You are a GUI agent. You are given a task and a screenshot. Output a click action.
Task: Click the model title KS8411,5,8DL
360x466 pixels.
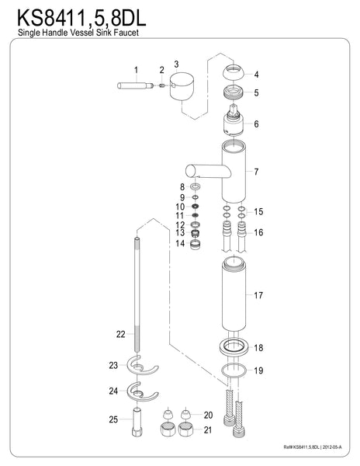point(81,19)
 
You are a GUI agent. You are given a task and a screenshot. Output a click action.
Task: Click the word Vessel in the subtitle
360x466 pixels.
point(80,33)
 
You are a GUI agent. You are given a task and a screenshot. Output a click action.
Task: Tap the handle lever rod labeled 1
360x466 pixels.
point(135,85)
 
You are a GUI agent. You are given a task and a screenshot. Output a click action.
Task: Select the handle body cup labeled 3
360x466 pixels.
point(182,86)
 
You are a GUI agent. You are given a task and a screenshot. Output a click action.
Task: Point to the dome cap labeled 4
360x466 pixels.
point(234,72)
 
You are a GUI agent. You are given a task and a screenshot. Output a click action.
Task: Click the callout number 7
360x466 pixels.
point(256,172)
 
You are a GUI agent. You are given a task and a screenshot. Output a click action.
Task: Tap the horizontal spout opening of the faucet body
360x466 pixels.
point(190,171)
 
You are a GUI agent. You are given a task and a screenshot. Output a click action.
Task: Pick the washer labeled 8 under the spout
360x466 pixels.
point(196,187)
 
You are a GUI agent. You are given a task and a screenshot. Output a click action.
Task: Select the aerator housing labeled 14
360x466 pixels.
point(195,245)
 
